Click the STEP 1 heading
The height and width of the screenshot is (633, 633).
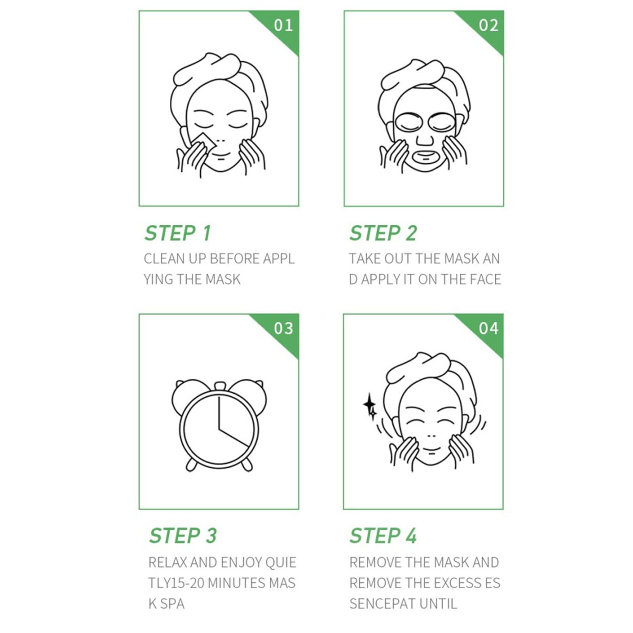[x=178, y=233]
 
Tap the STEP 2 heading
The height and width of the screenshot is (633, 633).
[x=383, y=233]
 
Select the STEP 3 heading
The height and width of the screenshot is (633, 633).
[x=183, y=536]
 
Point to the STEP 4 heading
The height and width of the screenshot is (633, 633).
[x=383, y=536]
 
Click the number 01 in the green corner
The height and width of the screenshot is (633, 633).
[x=283, y=25]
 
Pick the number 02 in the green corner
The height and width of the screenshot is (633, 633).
[x=488, y=25]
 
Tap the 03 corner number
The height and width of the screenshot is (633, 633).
[x=283, y=328]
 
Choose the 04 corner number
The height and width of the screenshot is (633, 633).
[x=488, y=328]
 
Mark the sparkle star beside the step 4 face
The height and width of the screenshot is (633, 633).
[x=370, y=406]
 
